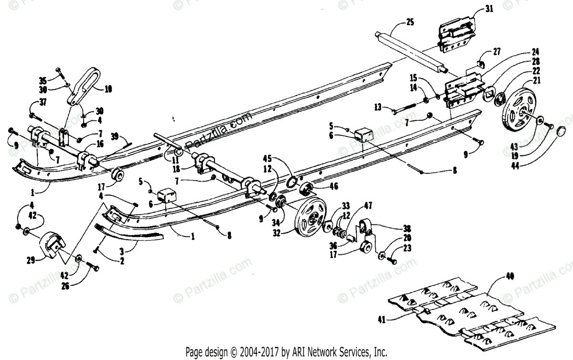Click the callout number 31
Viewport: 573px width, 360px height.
pyautogui.click(x=488, y=8)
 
